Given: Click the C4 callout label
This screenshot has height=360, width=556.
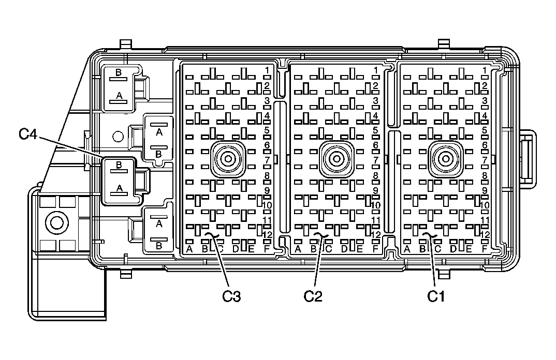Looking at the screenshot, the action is pyautogui.click(x=27, y=134).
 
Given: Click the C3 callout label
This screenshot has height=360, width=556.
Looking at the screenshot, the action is pyautogui.click(x=231, y=296).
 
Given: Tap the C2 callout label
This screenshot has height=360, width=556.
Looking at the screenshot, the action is pyautogui.click(x=313, y=296).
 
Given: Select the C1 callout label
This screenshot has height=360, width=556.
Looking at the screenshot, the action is pyautogui.click(x=436, y=296).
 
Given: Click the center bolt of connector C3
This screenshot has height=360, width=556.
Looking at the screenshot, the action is pyautogui.click(x=228, y=159).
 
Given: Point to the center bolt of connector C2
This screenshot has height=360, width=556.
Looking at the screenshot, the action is pyautogui.click(x=336, y=159).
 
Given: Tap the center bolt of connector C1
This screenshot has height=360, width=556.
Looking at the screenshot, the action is pyautogui.click(x=445, y=159).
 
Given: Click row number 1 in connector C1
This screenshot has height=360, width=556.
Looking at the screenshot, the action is pyautogui.click(x=485, y=70).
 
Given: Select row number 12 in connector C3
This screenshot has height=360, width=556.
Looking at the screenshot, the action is pyautogui.click(x=267, y=234).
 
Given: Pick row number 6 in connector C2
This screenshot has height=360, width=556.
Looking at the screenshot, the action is pyautogui.click(x=375, y=145).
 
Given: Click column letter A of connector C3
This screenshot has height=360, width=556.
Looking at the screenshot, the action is pyautogui.click(x=189, y=249).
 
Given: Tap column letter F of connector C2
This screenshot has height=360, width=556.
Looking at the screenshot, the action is pyautogui.click(x=375, y=249).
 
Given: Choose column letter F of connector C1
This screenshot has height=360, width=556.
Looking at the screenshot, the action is pyautogui.click(x=485, y=249).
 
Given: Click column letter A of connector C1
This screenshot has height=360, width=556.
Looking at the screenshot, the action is pyautogui.click(x=407, y=249).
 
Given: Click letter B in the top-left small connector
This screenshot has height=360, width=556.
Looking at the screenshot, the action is pyautogui.click(x=119, y=72).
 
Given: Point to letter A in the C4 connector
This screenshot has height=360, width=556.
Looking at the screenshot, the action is pyautogui.click(x=120, y=188).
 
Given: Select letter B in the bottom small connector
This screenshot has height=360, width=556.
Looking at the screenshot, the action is pyautogui.click(x=159, y=246).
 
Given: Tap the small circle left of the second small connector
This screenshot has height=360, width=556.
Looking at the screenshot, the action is pyautogui.click(x=118, y=137).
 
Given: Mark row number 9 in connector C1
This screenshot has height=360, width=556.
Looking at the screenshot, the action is pyautogui.click(x=485, y=191).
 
